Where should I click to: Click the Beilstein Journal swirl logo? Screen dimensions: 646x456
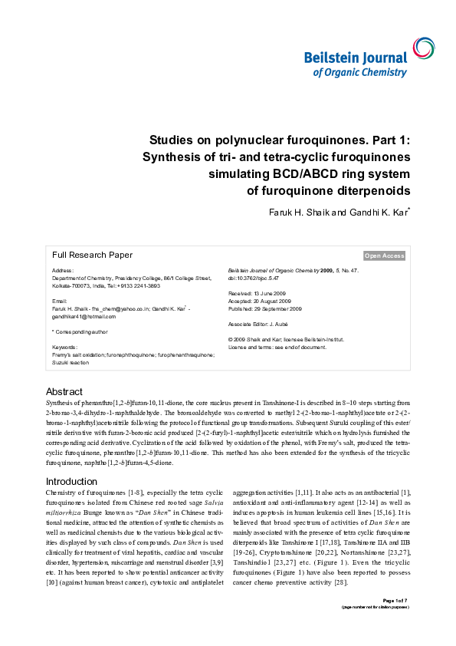coord(421,48)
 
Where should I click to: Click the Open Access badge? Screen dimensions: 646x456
coord(384,255)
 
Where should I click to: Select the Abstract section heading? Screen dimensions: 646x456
coord(64,391)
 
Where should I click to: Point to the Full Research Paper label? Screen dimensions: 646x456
coord(92,255)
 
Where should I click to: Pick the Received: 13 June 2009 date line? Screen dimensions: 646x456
coord(258,294)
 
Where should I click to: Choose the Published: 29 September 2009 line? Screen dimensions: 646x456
coord(265,308)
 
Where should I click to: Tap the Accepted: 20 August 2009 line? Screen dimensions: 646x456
coord(260,302)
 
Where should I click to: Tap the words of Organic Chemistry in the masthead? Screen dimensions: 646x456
coord(359,72)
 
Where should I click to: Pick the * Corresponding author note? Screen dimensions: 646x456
coord(80,331)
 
